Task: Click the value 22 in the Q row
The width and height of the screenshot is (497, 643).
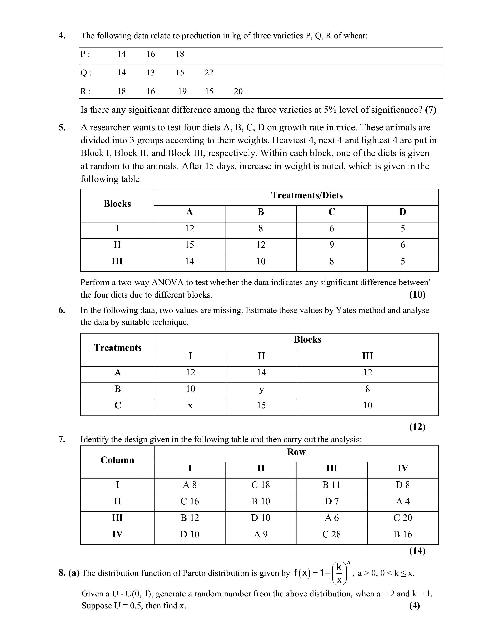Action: pos(209,73)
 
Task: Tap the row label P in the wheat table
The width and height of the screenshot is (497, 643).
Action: pos(83,54)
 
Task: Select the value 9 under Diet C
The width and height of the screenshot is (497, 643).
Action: pos(332,245)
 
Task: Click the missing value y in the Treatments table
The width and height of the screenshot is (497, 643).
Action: pos(261,390)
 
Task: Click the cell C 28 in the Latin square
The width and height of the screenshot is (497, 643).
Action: pos(332,534)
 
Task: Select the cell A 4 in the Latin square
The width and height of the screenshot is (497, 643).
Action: pos(402,501)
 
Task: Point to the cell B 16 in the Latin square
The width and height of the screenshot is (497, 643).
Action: pos(402,534)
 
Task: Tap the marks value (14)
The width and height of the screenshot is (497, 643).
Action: pos(417,551)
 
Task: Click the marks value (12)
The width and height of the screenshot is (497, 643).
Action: pos(417,427)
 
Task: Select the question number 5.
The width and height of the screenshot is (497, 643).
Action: pos(62,127)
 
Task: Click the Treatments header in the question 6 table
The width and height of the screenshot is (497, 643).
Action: pos(118,348)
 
